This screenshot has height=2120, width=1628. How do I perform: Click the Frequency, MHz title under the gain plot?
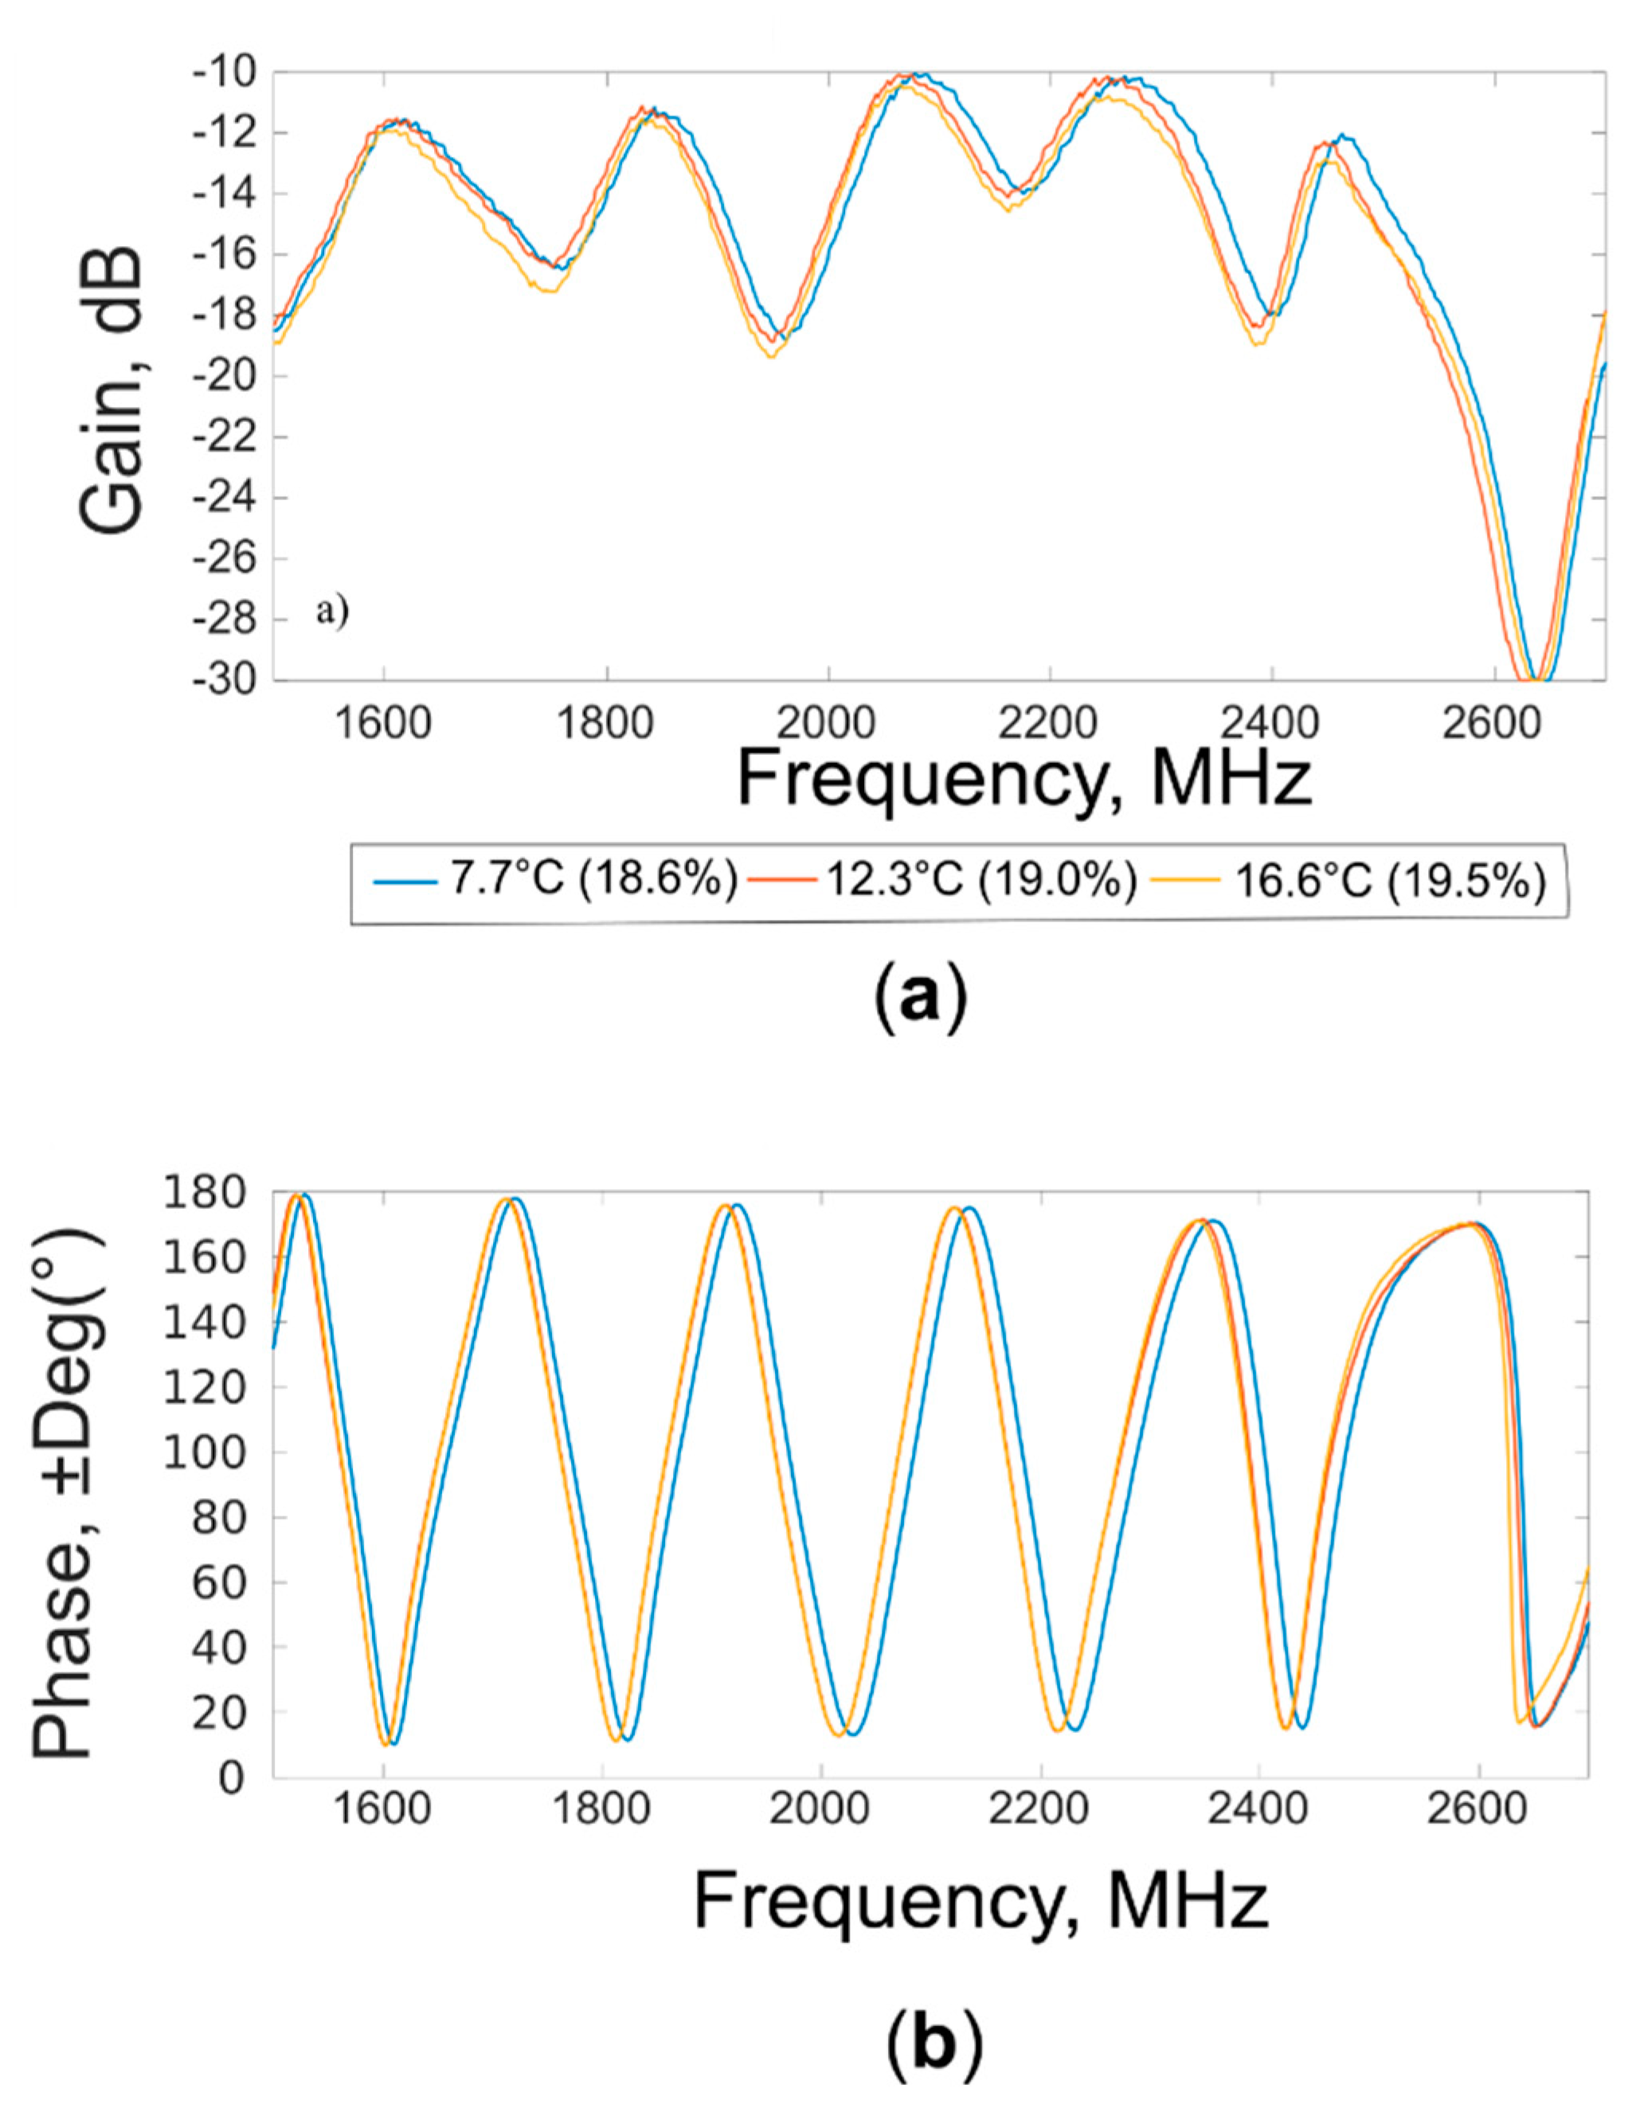[x=1024, y=778]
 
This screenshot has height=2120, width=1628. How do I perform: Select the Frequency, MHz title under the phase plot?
[x=980, y=1901]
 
